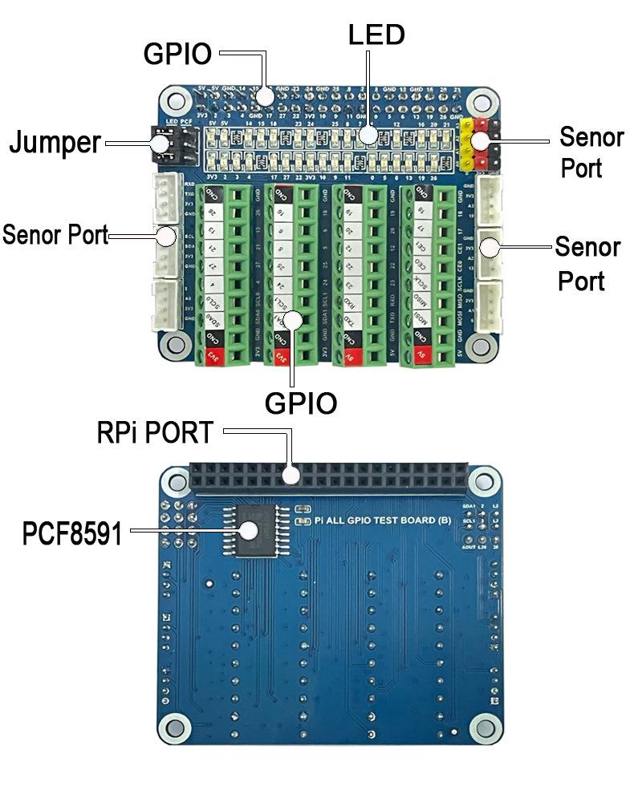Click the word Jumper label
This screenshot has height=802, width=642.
tap(55, 143)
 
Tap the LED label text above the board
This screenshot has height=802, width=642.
tap(376, 34)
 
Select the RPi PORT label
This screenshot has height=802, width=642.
tap(155, 433)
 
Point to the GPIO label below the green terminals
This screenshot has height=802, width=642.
tap(301, 403)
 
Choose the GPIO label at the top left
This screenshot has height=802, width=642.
tap(177, 54)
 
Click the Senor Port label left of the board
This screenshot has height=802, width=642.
tap(55, 236)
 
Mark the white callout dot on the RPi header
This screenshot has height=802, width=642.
tap(292, 475)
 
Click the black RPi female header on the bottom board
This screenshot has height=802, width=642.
tap(329, 479)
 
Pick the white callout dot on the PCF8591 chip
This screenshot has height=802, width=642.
tap(249, 529)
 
